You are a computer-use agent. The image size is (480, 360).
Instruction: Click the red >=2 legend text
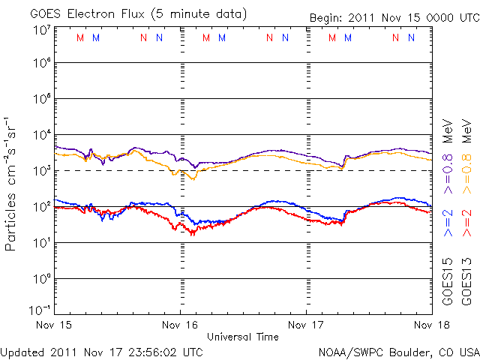(466, 223)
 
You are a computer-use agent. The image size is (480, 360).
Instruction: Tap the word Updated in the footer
(23, 350)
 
